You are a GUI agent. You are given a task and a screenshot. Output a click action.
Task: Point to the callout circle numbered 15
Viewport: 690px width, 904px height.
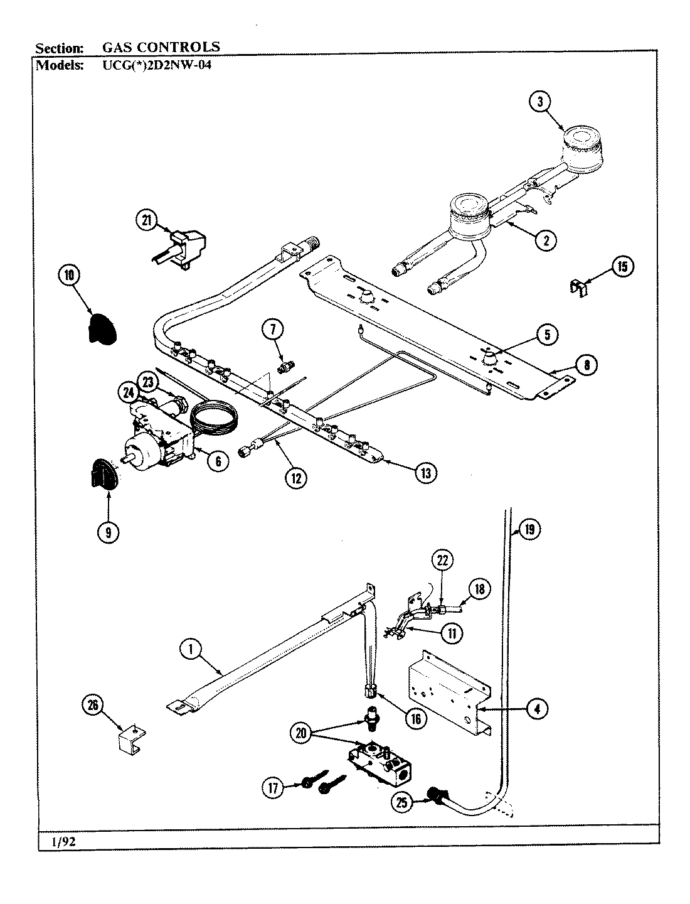pos(622,267)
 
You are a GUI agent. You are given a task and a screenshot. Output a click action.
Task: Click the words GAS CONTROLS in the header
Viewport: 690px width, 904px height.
pos(161,46)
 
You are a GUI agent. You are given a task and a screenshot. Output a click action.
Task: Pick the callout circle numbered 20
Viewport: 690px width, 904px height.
pos(302,734)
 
